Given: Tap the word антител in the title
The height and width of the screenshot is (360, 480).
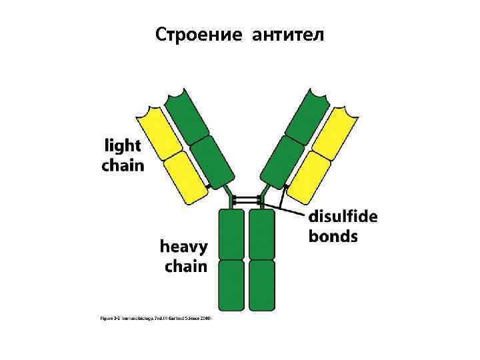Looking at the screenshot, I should tap(289, 34).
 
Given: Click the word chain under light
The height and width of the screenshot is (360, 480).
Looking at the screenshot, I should tap(123, 165).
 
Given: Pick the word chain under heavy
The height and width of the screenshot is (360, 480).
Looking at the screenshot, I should tap(186, 267).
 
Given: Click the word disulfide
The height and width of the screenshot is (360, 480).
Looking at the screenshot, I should tap(343, 217).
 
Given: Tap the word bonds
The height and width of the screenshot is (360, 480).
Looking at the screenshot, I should tap(333, 236).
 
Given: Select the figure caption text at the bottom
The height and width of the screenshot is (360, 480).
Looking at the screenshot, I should tap(155, 319).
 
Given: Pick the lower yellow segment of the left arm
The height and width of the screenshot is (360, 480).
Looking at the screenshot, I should tap(186, 177).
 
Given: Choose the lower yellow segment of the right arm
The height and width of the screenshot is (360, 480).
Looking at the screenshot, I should tap(307, 176).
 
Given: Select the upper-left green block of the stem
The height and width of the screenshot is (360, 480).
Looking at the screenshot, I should tap(231, 234).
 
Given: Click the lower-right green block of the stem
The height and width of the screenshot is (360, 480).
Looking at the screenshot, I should tap(261, 285).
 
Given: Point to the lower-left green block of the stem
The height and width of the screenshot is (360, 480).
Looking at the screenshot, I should tap(231, 285).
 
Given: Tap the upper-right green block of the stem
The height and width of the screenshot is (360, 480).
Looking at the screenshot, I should tap(261, 234).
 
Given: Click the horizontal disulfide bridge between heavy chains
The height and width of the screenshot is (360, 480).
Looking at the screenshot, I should tap(247, 200).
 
